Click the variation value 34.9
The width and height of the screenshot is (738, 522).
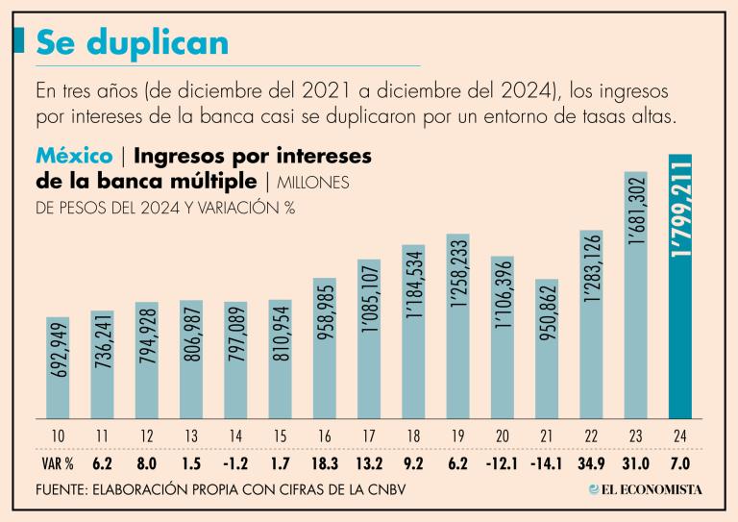pyautogui.click(x=593, y=461)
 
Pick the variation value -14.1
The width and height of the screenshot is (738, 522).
pyautogui.click(x=547, y=461)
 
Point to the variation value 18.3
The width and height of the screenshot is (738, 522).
pyautogui.click(x=325, y=461)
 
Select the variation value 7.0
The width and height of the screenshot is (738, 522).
pyautogui.click(x=681, y=461)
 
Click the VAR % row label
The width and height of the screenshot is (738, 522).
pyautogui.click(x=58, y=461)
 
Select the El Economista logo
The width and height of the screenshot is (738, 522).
pyautogui.click(x=645, y=489)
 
